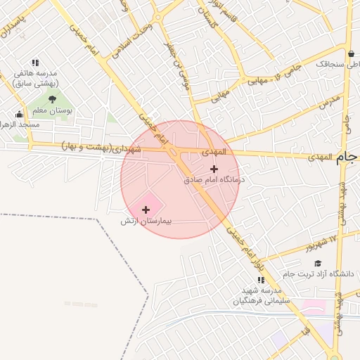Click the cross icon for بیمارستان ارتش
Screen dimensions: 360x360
point(146,210)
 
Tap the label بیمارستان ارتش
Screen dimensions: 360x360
point(146,221)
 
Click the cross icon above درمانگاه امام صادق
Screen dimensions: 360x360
point(214,169)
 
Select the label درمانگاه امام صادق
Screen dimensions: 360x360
point(213,180)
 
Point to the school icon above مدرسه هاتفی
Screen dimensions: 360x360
point(35,63)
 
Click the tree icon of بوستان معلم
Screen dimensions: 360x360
point(52,99)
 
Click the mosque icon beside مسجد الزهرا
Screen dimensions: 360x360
point(19,115)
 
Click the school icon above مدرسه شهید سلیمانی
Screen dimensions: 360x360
point(262,280)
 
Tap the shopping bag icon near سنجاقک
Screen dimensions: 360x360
point(351,53)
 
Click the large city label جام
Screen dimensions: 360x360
point(348,158)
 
